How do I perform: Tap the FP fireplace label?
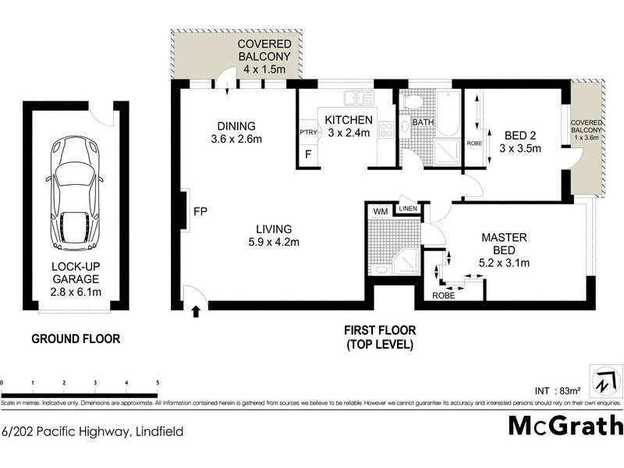coord(200,211)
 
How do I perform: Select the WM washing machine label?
coord(381,211)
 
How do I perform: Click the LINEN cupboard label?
coord(408,208)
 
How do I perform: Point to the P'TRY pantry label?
coord(308,133)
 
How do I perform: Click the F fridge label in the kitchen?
coord(308,154)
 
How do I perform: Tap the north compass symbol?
coord(606,382)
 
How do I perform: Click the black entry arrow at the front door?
coord(195,312)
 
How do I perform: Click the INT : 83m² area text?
coord(558,390)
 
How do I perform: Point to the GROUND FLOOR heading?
coord(75,339)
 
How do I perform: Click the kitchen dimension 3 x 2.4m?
coord(348,133)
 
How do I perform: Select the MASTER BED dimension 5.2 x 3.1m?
coord(505,263)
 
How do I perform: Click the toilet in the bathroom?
coord(413,101)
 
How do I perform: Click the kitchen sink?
coord(360,98)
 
